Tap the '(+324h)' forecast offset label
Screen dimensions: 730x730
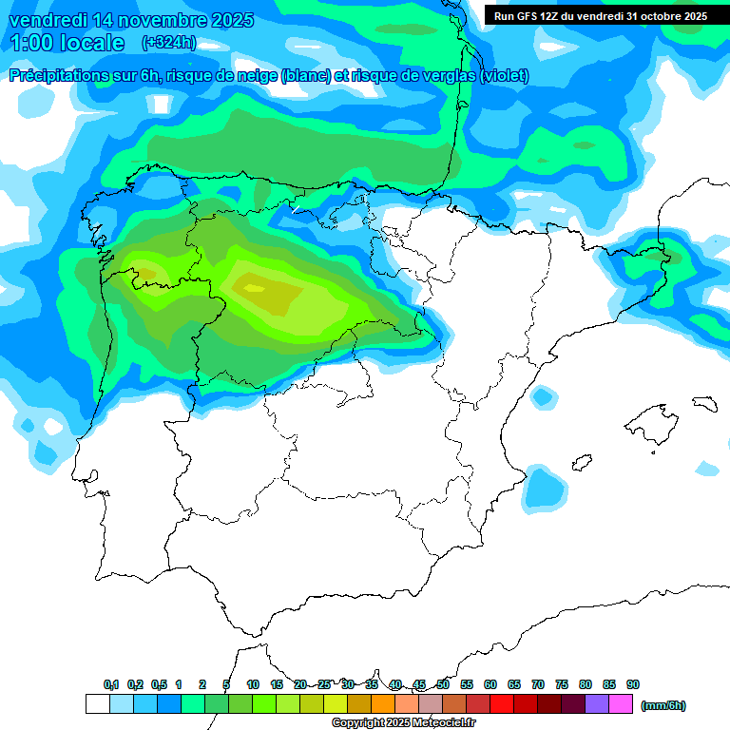[x=169, y=42]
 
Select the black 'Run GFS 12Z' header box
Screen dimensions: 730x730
[x=600, y=16]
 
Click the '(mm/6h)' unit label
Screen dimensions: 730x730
[x=663, y=705]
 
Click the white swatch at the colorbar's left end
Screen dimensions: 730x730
[x=97, y=704]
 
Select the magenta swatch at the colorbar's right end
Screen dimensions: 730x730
[x=621, y=704]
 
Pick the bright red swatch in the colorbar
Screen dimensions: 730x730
[x=502, y=704]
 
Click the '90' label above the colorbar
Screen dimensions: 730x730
[x=633, y=684]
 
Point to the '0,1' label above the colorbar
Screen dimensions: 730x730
[x=111, y=684]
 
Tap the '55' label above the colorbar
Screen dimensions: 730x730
[x=467, y=684]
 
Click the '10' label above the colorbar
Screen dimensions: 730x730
[x=253, y=684]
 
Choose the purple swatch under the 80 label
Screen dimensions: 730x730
[x=597, y=704]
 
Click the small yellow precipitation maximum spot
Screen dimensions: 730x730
[x=255, y=287]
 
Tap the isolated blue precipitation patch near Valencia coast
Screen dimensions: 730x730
[x=545, y=487]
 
